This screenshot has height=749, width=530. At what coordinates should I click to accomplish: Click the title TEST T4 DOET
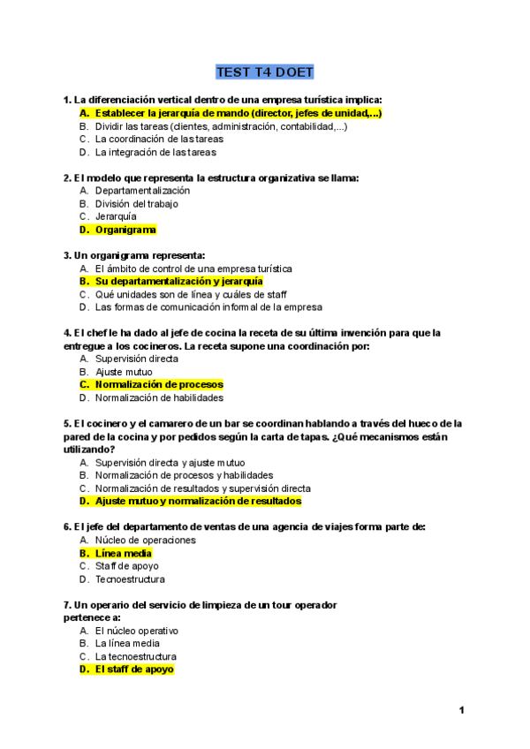tap(265, 72)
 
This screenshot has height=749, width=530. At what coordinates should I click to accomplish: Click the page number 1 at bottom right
tap(461, 711)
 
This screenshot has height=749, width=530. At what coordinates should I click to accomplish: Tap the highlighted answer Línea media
tap(124, 554)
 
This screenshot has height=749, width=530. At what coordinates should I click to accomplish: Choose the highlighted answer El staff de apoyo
tap(134, 670)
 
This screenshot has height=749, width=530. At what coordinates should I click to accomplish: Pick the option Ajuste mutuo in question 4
tap(124, 372)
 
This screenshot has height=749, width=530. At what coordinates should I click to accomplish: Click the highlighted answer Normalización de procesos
tap(159, 385)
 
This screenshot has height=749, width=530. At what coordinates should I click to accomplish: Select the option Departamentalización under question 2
tap(142, 191)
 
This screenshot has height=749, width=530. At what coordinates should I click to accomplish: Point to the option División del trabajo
tap(136, 204)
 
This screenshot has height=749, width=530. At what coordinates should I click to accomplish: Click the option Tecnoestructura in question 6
tap(130, 580)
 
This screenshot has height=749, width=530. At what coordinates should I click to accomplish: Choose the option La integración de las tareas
tap(155, 152)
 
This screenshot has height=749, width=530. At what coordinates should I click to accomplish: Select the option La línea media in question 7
tap(127, 644)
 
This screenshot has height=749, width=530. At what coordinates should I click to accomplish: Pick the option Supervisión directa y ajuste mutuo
tap(170, 463)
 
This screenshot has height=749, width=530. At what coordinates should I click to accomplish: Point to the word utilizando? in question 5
tap(88, 450)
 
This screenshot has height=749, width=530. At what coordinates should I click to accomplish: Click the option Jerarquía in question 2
tap(116, 216)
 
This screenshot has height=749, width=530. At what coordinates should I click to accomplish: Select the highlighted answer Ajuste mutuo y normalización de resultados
tap(198, 502)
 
